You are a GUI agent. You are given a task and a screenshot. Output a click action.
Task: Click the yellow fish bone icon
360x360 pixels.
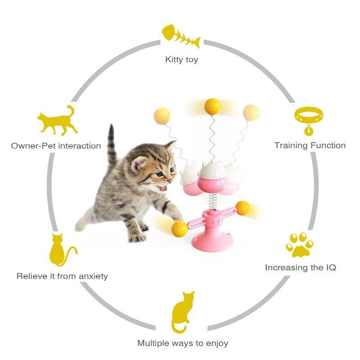coord(180,35)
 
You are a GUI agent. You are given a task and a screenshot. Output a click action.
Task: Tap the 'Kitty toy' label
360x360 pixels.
coord(181,59)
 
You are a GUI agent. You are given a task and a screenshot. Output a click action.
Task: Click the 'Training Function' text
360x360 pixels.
coord(310,145)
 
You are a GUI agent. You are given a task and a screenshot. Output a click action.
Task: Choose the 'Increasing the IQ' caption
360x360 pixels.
coord(300,267)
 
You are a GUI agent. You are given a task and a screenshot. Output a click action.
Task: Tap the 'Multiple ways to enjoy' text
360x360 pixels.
coord(183,343)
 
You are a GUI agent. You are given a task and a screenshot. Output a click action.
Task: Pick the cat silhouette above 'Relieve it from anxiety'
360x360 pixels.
coord(60,250)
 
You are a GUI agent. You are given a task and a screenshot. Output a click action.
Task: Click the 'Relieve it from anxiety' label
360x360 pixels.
coord(62,276)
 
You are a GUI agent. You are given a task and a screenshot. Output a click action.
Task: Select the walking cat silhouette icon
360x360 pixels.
coord(57,120)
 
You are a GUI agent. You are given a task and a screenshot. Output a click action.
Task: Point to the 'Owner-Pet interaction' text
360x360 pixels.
coord(56,146)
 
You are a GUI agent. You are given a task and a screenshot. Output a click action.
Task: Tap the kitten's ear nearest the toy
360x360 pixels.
coord(171,146)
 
